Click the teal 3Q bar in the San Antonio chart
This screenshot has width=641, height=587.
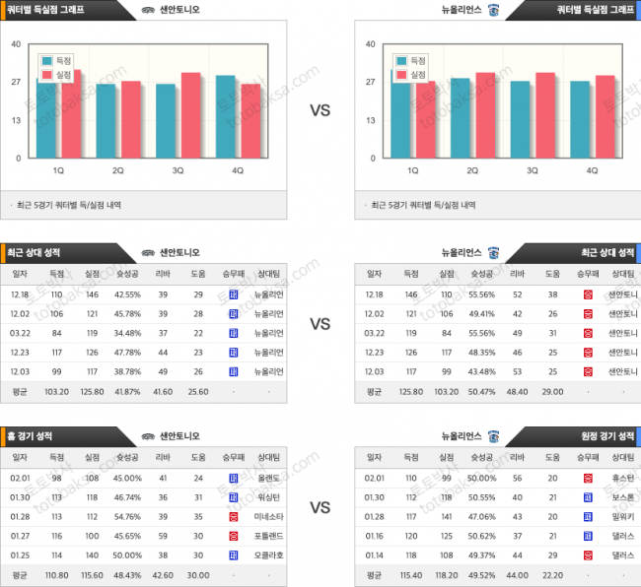pos(166,120)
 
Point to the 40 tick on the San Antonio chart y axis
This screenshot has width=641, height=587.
pos(16,44)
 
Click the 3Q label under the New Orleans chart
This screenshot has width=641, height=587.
pos(533,170)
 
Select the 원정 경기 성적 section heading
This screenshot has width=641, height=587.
pos(606,435)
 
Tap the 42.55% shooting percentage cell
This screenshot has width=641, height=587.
pos(127,294)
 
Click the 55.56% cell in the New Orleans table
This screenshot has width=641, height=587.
pos(480,294)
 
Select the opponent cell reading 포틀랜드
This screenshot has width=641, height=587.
pos(268,535)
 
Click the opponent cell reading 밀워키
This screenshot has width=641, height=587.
pos(622,516)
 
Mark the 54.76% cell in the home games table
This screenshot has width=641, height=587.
pos(127,516)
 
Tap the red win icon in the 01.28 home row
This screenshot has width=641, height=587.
pos(233,516)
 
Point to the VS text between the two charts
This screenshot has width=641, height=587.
pos(320,110)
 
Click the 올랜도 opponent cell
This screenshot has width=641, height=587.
pos(268,478)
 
